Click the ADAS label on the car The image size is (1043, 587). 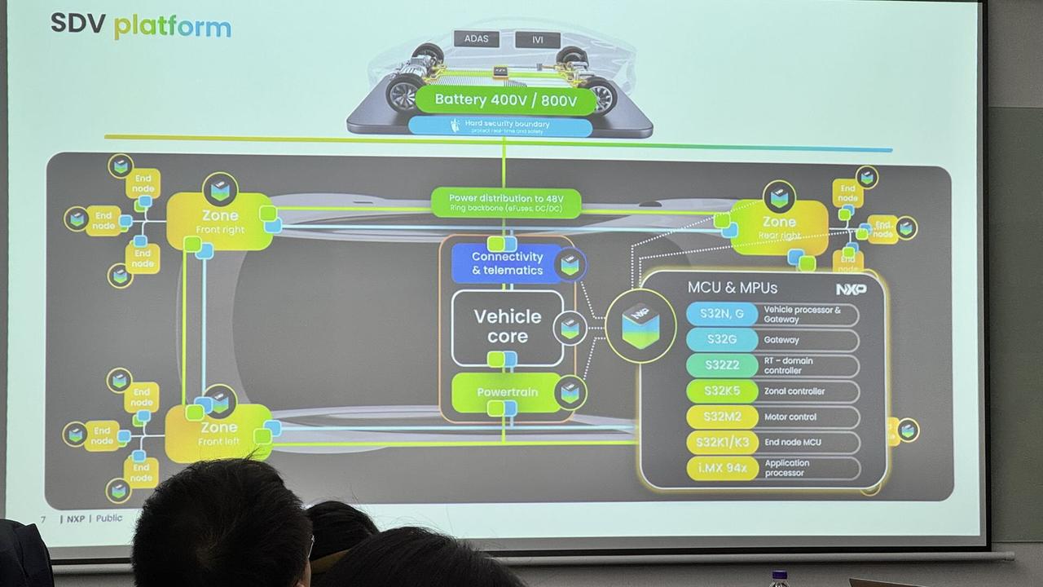(476, 39)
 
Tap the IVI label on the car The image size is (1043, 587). (538, 40)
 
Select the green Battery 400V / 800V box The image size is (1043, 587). (505, 100)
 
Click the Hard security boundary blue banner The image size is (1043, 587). (500, 126)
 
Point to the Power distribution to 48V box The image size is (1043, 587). (504, 203)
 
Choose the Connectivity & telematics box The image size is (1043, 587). (507, 263)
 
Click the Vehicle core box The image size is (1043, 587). (508, 326)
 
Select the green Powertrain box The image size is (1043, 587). (507, 392)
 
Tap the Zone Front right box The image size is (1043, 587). (219, 221)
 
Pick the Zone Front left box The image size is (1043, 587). (218, 433)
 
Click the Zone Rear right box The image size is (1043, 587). (779, 227)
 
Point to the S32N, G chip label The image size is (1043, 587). (721, 315)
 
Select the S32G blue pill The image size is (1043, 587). (721, 340)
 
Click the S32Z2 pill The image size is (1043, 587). (721, 365)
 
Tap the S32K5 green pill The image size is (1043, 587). (722, 391)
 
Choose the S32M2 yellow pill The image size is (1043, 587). (722, 417)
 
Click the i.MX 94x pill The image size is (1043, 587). (722, 468)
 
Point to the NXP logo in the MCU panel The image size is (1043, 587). (851, 289)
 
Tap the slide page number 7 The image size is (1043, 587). (43, 519)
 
